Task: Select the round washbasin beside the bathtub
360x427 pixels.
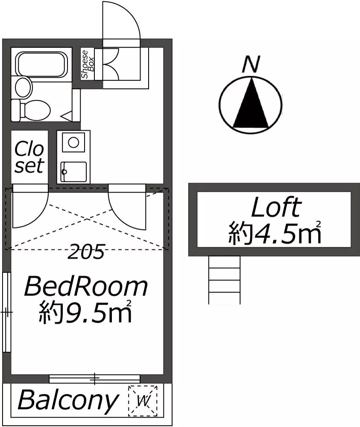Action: [x=23, y=88]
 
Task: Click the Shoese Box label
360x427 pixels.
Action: [x=88, y=64]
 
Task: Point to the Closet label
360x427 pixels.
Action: [x=29, y=157]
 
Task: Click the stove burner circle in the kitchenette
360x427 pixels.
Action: [x=73, y=142]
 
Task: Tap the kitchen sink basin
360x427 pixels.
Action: [x=73, y=172]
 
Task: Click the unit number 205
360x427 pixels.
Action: [x=86, y=252]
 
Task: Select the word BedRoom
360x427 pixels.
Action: [x=86, y=287]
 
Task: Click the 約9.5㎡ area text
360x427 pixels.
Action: [x=85, y=312]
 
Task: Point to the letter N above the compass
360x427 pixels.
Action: [x=251, y=64]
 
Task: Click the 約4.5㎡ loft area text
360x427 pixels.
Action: [x=275, y=233]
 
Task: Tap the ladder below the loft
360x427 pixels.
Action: [x=224, y=280]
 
